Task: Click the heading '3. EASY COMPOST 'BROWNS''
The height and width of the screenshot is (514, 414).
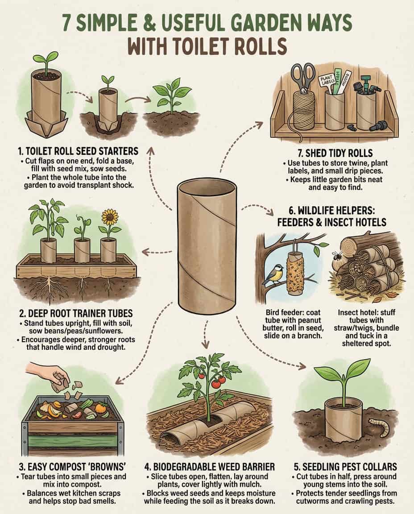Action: pyautogui.click(x=70, y=467)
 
